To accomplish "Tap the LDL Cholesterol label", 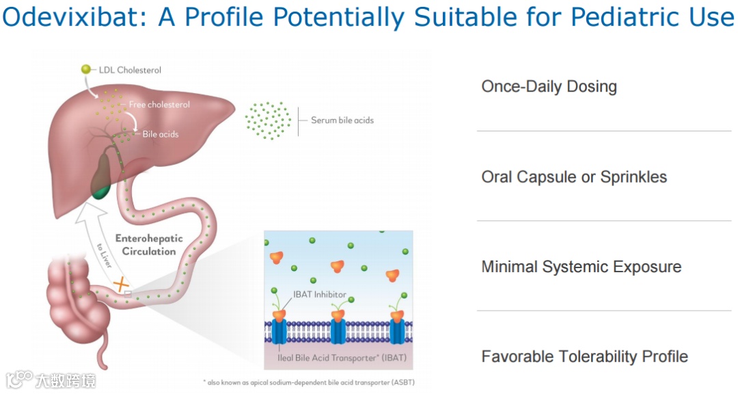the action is click(x=130, y=70).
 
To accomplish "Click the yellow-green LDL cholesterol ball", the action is click(x=85, y=69).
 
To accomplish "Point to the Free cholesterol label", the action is click(x=159, y=105).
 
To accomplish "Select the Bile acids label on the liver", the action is click(x=161, y=134).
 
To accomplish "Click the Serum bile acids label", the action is click(x=342, y=120).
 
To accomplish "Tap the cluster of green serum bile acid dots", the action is click(x=268, y=120).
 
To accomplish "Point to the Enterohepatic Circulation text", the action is click(x=149, y=245).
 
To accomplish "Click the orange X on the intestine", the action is click(x=121, y=284).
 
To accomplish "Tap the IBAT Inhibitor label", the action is click(x=320, y=295).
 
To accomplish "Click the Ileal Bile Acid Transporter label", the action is click(x=342, y=358).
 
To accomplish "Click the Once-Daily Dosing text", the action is click(x=549, y=87).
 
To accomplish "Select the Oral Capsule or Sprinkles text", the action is click(x=574, y=177).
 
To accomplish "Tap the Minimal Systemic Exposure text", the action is click(x=582, y=267).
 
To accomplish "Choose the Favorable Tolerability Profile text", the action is click(x=584, y=357).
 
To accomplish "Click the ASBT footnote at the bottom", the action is click(x=309, y=382).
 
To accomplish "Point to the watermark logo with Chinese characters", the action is click(x=51, y=380).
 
